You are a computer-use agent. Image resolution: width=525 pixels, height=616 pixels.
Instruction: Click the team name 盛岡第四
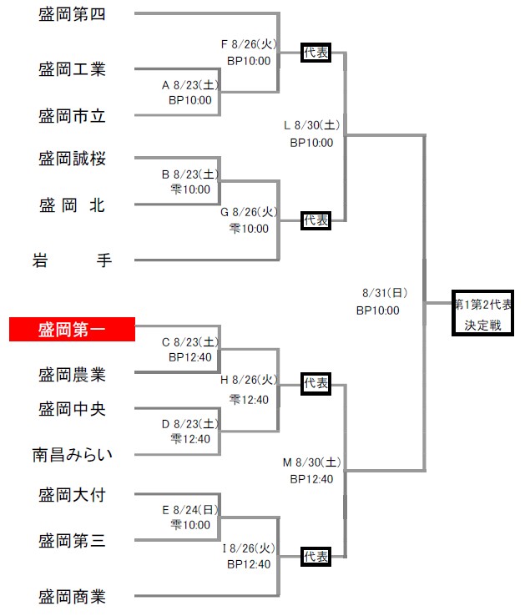pos(72,14)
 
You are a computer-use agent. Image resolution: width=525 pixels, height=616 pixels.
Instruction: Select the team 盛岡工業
pos(72,69)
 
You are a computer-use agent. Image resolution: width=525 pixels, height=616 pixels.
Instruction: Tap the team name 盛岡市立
pos(72,116)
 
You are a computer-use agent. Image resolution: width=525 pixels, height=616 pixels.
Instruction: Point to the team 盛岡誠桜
pos(72,159)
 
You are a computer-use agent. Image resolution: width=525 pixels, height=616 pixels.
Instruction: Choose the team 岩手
pos(72,260)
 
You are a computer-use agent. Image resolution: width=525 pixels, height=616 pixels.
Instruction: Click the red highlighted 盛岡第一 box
pos(72,329)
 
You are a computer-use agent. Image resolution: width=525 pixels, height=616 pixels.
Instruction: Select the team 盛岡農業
pos(72,375)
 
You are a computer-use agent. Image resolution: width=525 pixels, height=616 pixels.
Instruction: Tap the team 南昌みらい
pos(72,455)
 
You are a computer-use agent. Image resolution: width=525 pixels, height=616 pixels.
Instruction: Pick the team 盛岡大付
pos(72,495)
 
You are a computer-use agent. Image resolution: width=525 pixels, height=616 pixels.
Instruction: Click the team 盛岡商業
pos(72,597)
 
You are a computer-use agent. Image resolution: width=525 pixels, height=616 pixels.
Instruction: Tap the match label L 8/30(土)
pos(312,126)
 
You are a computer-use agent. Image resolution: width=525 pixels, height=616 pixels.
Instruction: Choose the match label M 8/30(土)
pos(311,462)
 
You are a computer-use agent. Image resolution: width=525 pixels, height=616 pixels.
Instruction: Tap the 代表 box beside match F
pos(316,53)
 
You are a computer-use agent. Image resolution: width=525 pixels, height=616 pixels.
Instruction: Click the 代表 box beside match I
pos(316,556)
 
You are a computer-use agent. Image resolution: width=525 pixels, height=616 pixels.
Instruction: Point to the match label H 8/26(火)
pos(249,381)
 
